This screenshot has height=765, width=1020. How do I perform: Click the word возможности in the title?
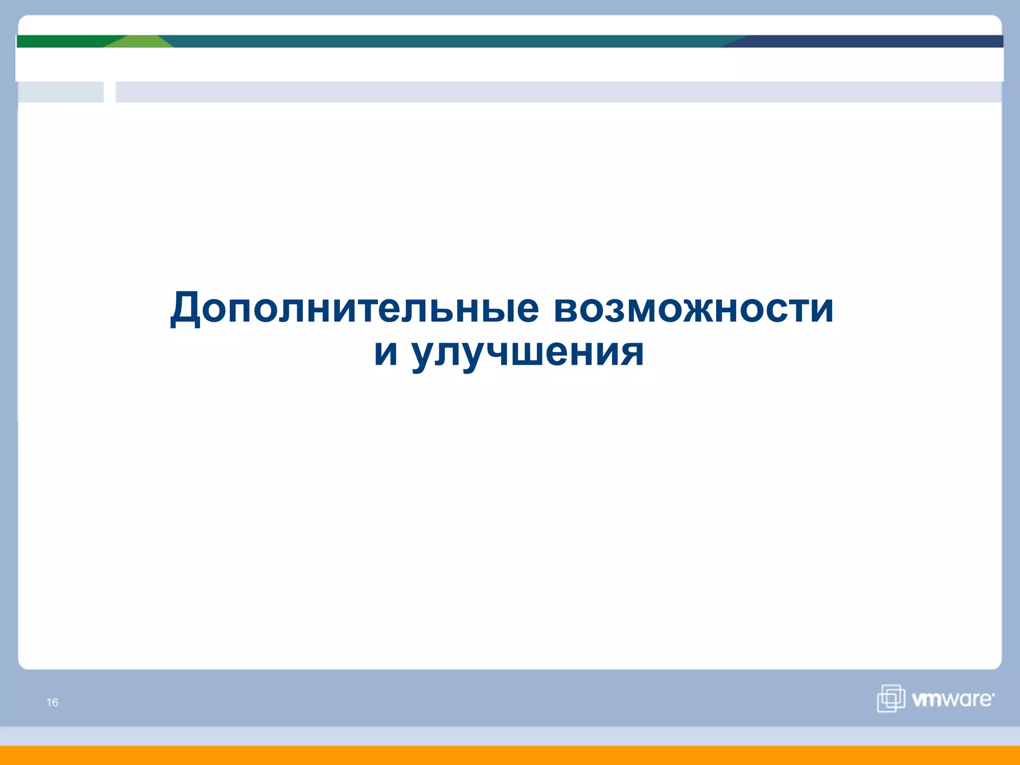pyautogui.click(x=693, y=308)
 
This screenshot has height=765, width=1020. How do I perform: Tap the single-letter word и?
pyautogui.click(x=386, y=353)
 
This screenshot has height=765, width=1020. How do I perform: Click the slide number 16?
pyautogui.click(x=52, y=702)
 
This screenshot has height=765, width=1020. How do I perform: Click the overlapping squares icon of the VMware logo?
pyautogui.click(x=891, y=698)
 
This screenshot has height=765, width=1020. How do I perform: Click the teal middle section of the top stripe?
pyautogui.click(x=448, y=41)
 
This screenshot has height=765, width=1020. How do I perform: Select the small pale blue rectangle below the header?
pyautogui.click(x=60, y=92)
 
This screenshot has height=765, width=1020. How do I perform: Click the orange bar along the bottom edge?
pyautogui.click(x=510, y=756)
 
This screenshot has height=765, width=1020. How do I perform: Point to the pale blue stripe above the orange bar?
pyautogui.click(x=510, y=736)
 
